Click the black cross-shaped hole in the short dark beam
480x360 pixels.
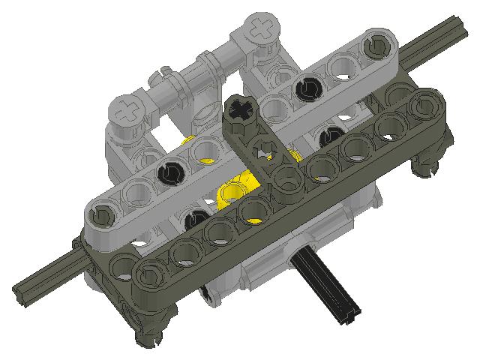coord(241,112)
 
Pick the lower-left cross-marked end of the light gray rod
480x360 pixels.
coord(126,109)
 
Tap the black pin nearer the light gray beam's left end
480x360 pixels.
coord(171,172)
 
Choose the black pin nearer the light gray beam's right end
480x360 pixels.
coord(307,89)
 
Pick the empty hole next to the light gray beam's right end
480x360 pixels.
coord(346,67)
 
